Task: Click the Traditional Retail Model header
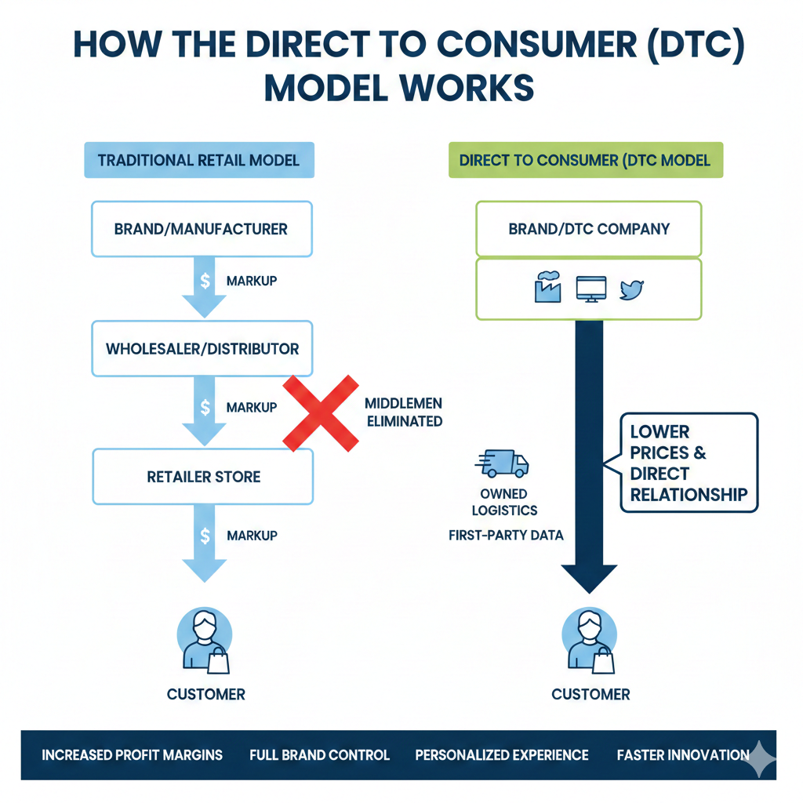coord(198,160)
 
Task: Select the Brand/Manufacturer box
coord(202,230)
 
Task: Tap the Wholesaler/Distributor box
coord(202,348)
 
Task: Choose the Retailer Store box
coord(203,476)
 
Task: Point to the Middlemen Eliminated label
coord(403,412)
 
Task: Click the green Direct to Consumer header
coord(585,160)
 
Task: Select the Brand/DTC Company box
coord(589,229)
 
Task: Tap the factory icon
coord(547,288)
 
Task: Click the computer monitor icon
coord(590,289)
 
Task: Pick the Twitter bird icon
coord(631,289)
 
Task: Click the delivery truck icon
coord(503,463)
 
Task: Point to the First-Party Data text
coord(506,536)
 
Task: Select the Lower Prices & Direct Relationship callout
coord(689,463)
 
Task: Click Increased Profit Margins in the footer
coord(132,755)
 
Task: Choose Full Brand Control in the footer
coord(319,755)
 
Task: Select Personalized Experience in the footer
coord(502,755)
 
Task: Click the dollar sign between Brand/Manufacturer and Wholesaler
coord(205,281)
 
